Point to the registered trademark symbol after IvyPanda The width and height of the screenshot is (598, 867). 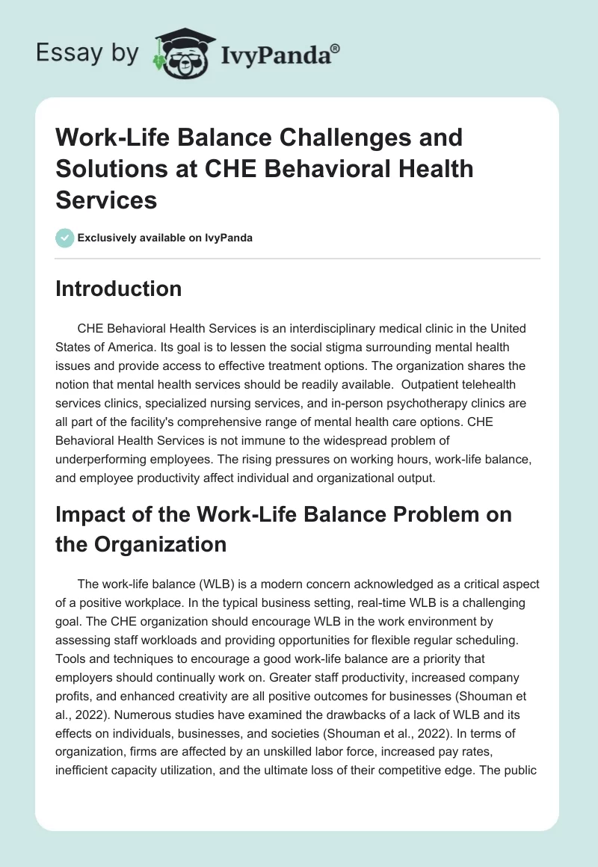pyautogui.click(x=336, y=48)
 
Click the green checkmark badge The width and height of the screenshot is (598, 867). pyautogui.click(x=64, y=238)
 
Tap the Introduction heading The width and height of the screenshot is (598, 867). pyautogui.click(x=118, y=289)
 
